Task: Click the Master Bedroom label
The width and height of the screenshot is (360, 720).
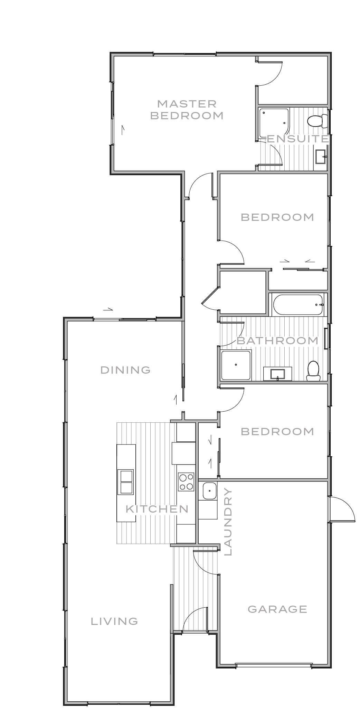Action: [187, 110]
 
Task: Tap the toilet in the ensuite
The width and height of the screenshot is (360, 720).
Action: [316, 121]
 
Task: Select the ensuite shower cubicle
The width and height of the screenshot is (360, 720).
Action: [274, 122]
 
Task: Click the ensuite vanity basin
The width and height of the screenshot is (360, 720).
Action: [320, 157]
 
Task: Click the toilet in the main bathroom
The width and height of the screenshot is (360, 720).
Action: [313, 370]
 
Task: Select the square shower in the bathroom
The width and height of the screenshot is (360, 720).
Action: [236, 365]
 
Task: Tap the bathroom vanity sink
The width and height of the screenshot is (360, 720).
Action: [278, 374]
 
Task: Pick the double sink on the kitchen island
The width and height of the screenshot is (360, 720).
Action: [126, 482]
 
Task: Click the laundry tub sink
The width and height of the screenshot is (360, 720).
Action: [209, 491]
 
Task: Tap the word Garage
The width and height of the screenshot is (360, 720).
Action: [277, 609]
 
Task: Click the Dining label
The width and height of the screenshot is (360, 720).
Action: [125, 370]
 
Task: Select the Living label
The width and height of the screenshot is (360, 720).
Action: [114, 621]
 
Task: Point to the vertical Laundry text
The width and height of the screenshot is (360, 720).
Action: [228, 522]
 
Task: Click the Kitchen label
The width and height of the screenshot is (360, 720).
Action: [157, 509]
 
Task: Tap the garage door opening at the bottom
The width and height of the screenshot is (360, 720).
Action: [273, 664]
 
